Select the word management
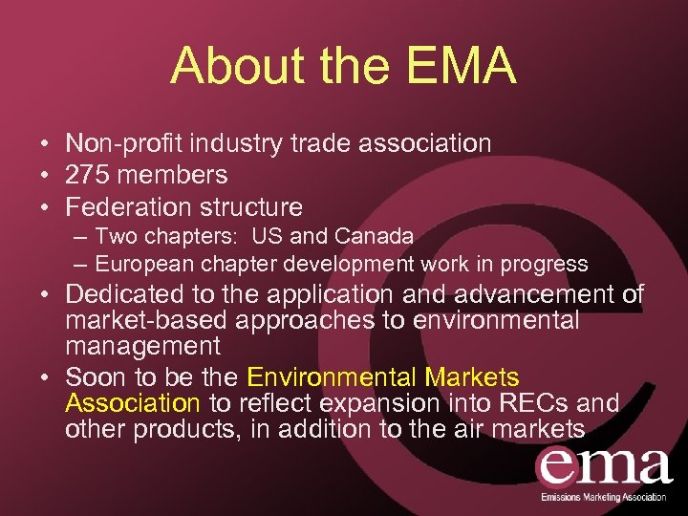tap(143, 346)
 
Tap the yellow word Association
tap(133, 404)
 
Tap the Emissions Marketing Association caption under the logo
tap(604, 499)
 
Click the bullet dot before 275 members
tap(45, 176)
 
